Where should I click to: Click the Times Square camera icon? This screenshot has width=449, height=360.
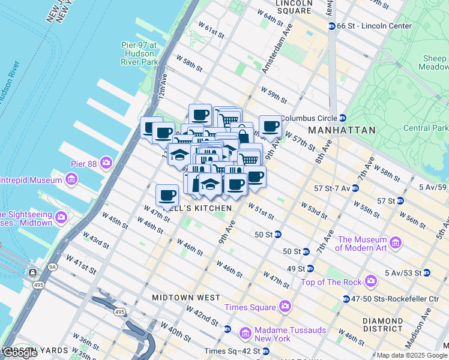coord(285,307)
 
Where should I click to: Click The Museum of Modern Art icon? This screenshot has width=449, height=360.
coord(395,243)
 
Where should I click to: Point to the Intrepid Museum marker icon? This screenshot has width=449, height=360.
coord(71,179)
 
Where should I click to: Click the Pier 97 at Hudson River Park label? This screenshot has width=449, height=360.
coord(139,53)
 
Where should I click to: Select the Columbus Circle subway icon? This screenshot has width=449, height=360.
coord(342,118)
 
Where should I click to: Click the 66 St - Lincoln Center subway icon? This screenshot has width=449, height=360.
coord(331,26)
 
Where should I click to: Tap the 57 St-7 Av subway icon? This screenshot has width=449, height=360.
coord(355,188)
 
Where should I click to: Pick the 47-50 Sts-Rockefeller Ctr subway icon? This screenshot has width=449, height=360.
coord(346,299)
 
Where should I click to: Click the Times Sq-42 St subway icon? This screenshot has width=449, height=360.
coord(265,351)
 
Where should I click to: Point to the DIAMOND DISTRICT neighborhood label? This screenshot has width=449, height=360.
coord(382,325)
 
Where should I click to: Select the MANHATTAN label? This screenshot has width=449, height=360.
coord(342,130)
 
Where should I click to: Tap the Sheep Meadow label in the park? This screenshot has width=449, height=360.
coord(434,63)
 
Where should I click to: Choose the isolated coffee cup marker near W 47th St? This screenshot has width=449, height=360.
coord(167,194)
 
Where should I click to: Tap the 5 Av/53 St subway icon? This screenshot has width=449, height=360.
coord(426,273)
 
